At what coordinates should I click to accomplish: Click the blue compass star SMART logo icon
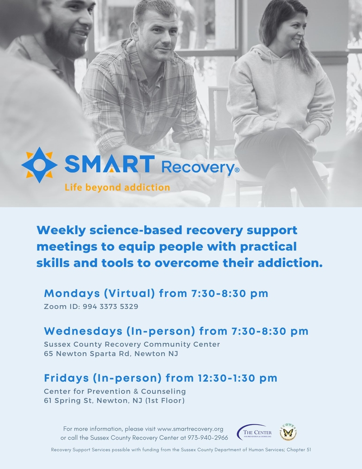(x=39, y=165)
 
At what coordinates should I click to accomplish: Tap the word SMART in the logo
(x=110, y=164)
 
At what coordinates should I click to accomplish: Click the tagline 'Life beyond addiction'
(x=117, y=187)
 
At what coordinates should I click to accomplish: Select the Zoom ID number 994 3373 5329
(x=110, y=306)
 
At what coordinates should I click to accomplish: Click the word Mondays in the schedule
(x=72, y=293)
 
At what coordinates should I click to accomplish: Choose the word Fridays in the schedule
(x=67, y=378)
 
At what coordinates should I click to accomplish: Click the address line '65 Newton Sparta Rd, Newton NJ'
(x=111, y=354)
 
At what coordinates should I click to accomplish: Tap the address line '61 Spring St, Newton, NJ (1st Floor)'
(x=114, y=401)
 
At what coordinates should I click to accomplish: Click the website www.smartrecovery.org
(x=190, y=429)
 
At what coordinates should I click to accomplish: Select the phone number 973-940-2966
(x=208, y=438)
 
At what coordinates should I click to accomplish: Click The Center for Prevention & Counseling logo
(x=254, y=432)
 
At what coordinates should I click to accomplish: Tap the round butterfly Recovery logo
(x=288, y=432)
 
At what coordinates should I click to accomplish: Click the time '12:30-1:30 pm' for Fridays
(x=238, y=378)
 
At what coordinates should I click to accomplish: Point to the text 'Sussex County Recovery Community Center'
(x=132, y=344)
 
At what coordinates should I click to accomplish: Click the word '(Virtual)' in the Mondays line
(x=129, y=293)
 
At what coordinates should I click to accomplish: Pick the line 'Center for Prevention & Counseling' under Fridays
(x=115, y=391)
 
